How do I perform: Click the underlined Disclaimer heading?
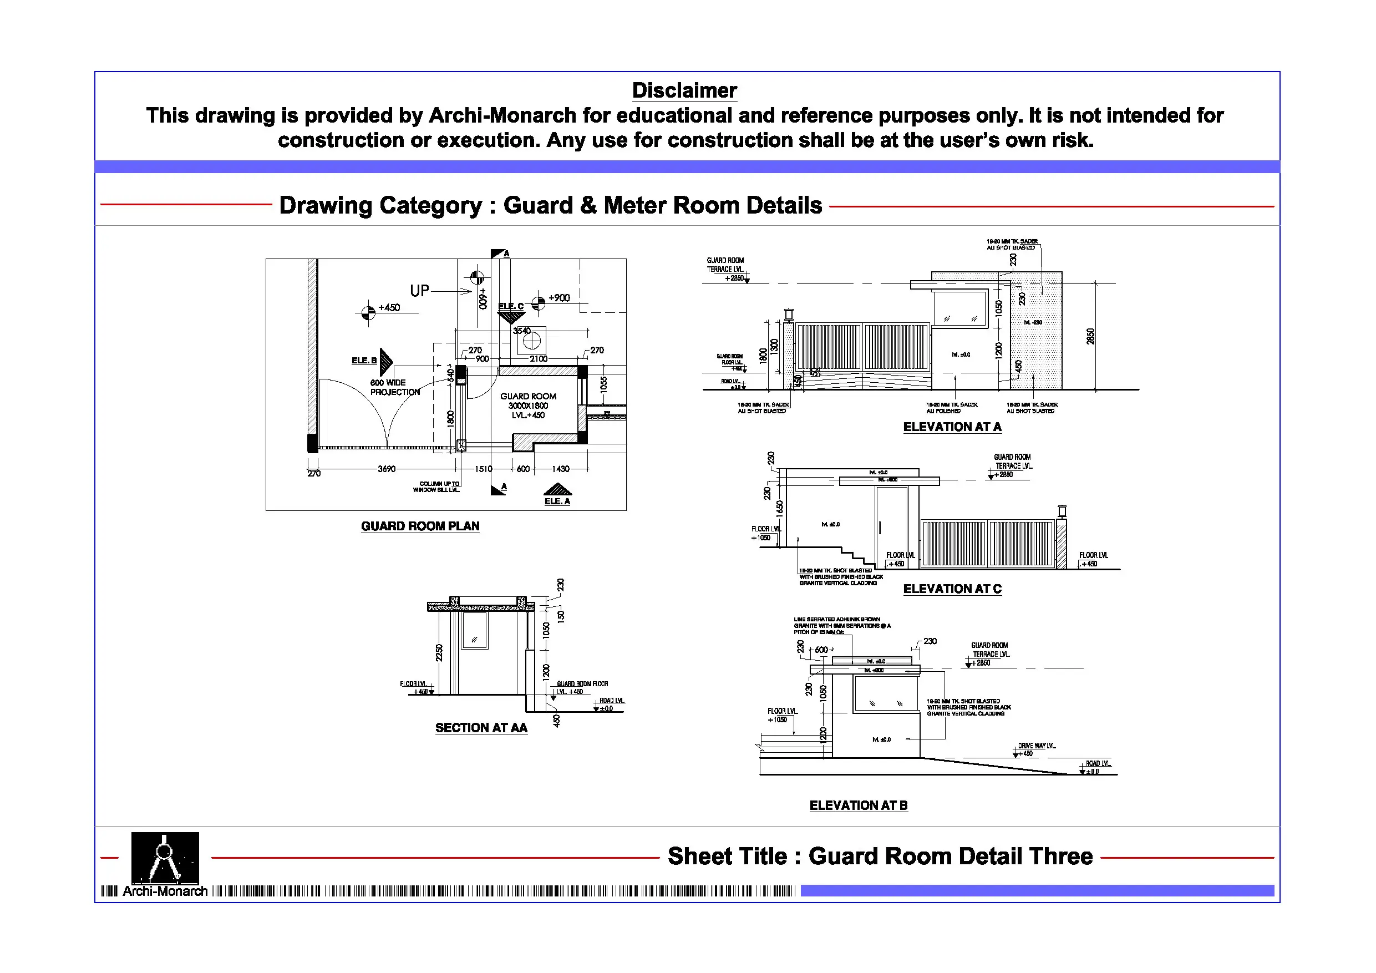(x=684, y=90)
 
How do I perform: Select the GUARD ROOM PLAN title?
(x=419, y=526)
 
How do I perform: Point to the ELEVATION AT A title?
(x=952, y=427)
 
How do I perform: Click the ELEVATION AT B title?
(x=858, y=805)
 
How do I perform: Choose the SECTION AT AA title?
(x=481, y=727)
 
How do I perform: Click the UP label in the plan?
(x=419, y=291)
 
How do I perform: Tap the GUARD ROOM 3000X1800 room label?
(x=528, y=406)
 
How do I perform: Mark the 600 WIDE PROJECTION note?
(x=394, y=387)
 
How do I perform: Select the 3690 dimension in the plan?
(x=386, y=469)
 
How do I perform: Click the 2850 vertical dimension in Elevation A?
(x=1090, y=336)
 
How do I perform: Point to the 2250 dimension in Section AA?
(x=439, y=652)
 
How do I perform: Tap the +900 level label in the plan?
(x=558, y=298)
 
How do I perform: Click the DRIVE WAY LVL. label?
(x=1036, y=746)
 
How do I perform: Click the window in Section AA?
(x=475, y=630)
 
